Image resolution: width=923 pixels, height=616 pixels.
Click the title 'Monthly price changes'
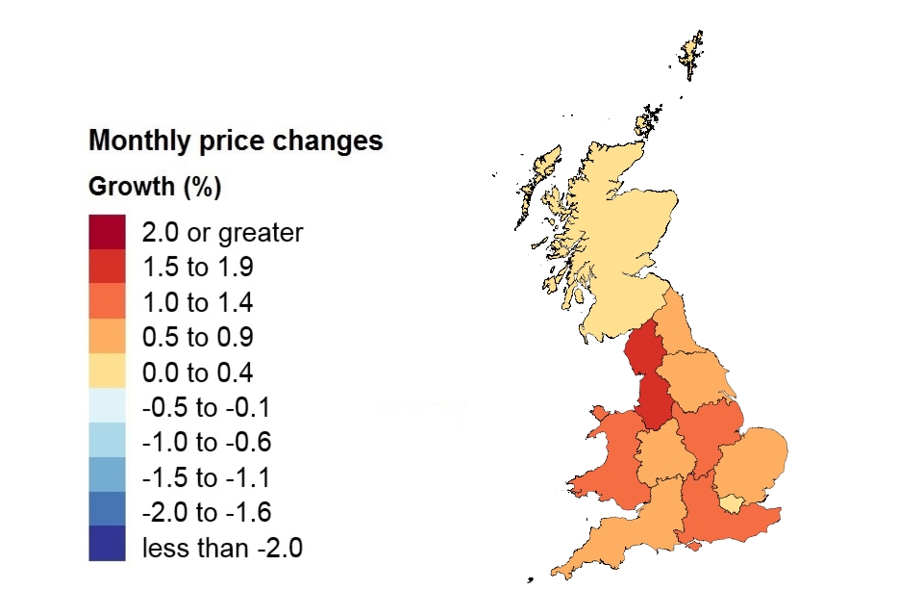236,141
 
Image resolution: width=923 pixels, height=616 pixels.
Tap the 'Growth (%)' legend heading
155,187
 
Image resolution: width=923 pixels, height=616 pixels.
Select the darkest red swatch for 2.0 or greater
107,232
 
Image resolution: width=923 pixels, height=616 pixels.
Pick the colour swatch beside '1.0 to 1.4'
107,302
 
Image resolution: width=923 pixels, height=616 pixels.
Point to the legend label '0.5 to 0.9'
197,338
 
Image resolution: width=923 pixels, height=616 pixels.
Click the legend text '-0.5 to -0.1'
206,408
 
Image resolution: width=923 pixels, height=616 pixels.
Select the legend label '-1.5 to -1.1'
206,478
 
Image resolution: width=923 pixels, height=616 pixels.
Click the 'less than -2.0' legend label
222,549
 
